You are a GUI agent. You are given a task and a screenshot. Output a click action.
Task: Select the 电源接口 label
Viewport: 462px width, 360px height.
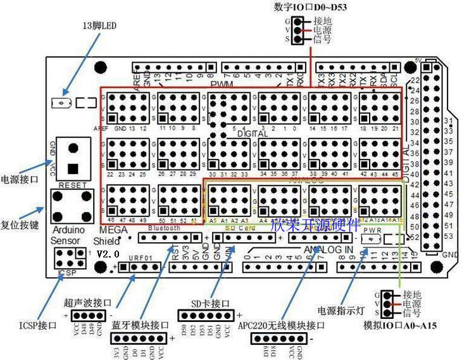(20, 179)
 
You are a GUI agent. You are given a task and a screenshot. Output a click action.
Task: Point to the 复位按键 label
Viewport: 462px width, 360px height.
(20, 206)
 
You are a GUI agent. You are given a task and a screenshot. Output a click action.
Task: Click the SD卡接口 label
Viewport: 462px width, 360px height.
(209, 302)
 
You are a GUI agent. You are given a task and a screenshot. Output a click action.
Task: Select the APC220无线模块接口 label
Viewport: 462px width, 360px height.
(282, 326)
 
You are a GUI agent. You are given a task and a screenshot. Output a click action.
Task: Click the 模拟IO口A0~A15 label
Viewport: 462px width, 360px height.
(401, 325)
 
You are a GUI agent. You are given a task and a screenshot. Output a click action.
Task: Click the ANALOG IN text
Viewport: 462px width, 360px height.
(327, 249)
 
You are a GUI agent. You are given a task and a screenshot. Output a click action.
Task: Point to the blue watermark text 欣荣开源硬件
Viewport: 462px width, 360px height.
(315, 225)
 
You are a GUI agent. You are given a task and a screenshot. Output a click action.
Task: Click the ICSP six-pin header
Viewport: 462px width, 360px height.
(70, 257)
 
